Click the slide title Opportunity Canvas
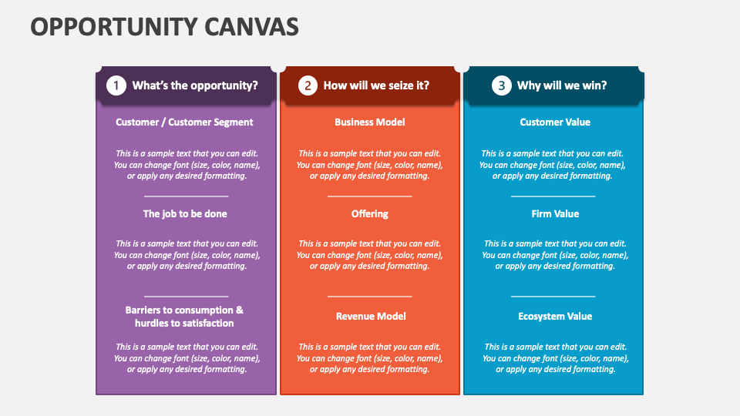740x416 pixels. coord(164,26)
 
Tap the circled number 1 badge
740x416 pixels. coord(116,86)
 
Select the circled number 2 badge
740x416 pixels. coord(308,86)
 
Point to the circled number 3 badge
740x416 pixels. coord(502,86)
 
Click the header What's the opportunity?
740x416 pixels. coord(195,86)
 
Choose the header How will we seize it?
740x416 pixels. coord(376,86)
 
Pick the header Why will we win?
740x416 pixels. coord(562,86)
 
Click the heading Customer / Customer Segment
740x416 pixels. coord(184,122)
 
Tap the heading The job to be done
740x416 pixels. coord(185,213)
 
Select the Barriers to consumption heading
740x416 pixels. coord(184,317)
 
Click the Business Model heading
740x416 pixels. coord(369,122)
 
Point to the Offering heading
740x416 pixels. coord(369,213)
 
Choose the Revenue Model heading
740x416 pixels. coord(371,316)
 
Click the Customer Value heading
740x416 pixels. coord(555,122)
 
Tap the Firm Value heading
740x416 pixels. coord(555,213)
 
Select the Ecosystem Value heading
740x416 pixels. coord(555,316)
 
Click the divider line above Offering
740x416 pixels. coord(369,196)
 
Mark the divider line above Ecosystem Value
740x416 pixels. coord(553,296)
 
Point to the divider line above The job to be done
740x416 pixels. coord(186,196)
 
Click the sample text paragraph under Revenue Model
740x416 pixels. coord(369,358)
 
